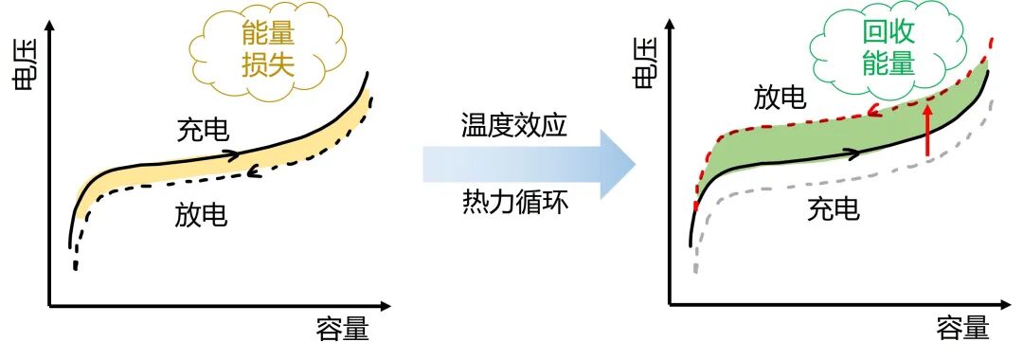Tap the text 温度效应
click(x=514, y=126)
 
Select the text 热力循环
click(x=515, y=202)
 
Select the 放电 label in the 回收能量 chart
click(x=780, y=98)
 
